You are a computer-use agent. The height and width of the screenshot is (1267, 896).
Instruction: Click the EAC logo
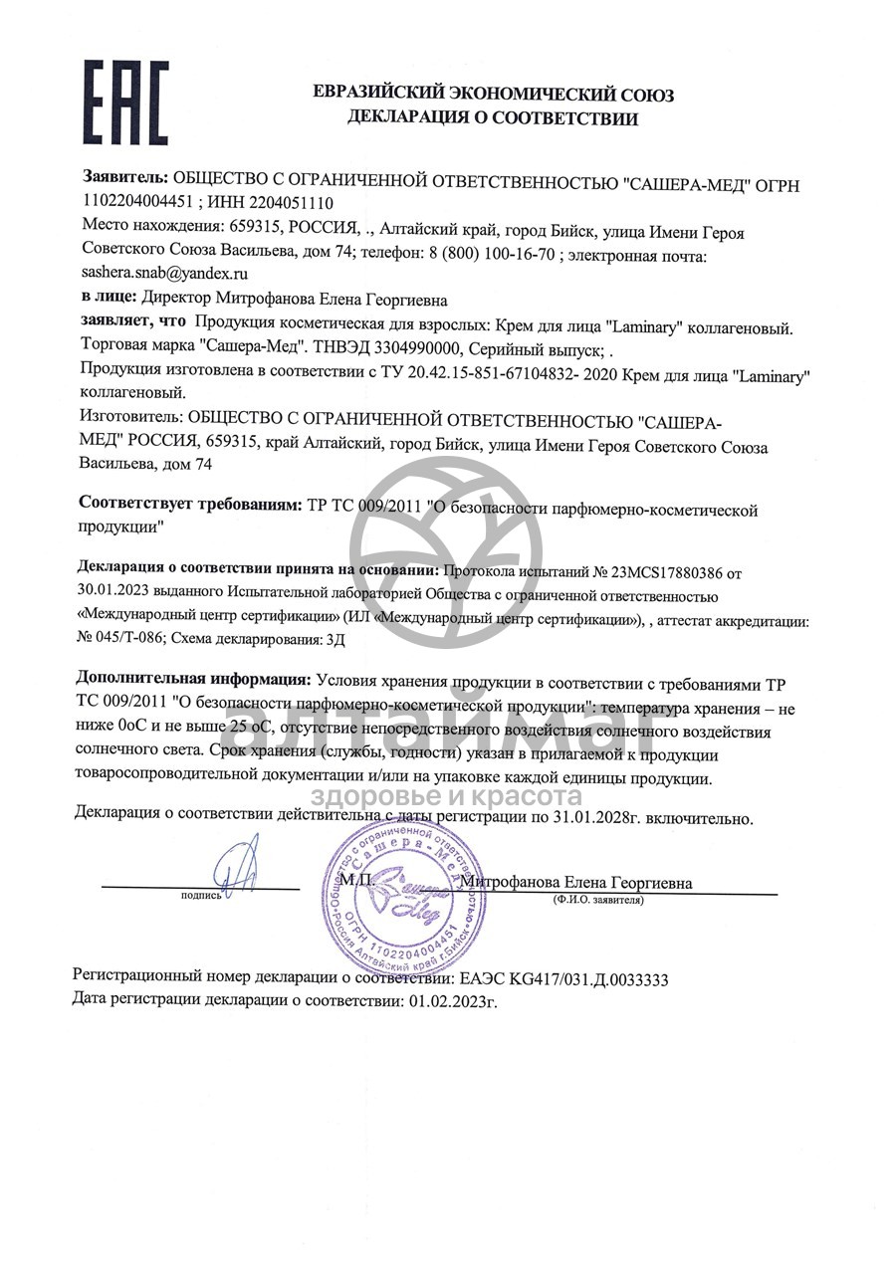click(124, 102)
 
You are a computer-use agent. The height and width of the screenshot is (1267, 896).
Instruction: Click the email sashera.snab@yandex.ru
click(164, 271)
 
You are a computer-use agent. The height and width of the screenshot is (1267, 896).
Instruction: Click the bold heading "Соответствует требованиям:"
click(189, 506)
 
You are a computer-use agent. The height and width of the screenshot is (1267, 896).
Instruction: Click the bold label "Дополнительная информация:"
click(193, 681)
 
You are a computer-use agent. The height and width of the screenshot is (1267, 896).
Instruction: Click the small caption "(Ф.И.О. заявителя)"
click(598, 900)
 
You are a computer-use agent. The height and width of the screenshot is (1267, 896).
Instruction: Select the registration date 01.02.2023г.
click(452, 1001)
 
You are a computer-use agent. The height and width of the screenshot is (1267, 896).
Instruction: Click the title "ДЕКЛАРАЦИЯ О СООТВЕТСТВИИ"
click(492, 118)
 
